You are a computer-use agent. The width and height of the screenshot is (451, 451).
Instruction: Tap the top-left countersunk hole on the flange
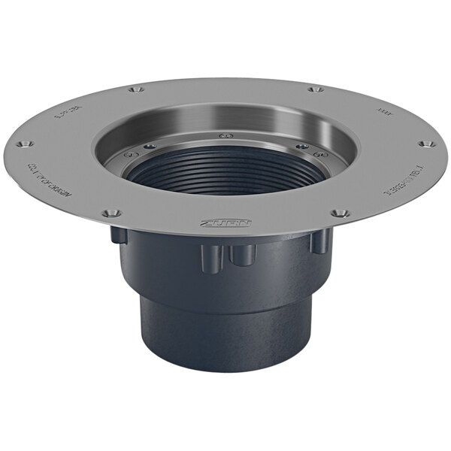135,90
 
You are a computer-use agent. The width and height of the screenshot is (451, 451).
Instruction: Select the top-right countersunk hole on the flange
316,89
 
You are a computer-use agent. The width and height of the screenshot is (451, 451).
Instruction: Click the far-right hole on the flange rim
425,143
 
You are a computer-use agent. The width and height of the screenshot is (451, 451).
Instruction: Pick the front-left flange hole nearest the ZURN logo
111,213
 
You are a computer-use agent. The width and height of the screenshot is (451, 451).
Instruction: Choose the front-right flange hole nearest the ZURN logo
339,213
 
